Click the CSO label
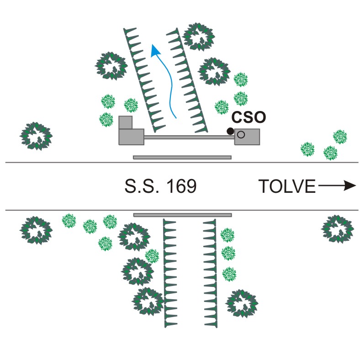pos(249,118)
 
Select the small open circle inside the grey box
pos(241,134)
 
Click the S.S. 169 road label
pos(160,186)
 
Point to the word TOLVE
pos(287,186)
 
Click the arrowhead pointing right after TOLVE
pos(349,185)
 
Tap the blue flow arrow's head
pos(155,49)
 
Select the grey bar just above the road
pos(182,157)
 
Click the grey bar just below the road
pos(182,214)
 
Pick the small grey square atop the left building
pos(125,122)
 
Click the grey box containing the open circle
pos(247,137)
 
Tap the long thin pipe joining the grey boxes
pos(189,137)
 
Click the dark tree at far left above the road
pos(36,136)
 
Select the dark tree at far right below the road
pos(338,228)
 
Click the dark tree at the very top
pos(199,36)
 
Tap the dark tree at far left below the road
pos(35,230)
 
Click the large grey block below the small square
pos(131,137)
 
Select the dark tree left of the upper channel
pos(111,65)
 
